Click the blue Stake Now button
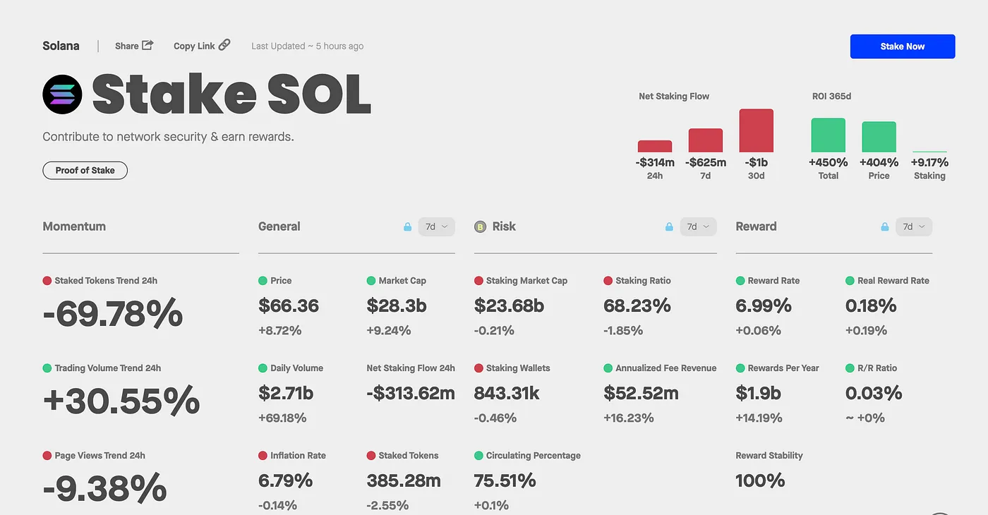(902, 47)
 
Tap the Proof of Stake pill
(85, 171)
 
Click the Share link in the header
(134, 46)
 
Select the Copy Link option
(202, 46)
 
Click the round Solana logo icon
(63, 95)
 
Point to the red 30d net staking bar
(756, 131)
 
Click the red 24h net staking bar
(654, 146)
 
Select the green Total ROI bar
(828, 135)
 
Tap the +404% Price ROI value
(879, 162)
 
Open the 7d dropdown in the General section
(436, 226)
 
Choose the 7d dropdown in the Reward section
(913, 226)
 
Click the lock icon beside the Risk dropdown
(669, 227)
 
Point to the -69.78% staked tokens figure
(113, 314)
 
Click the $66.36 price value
(289, 305)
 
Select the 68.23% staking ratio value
(637, 305)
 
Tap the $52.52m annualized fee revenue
(641, 393)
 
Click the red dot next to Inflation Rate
(263, 456)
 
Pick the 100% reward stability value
(760, 480)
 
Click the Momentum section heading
(74, 226)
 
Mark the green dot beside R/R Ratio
(850, 368)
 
